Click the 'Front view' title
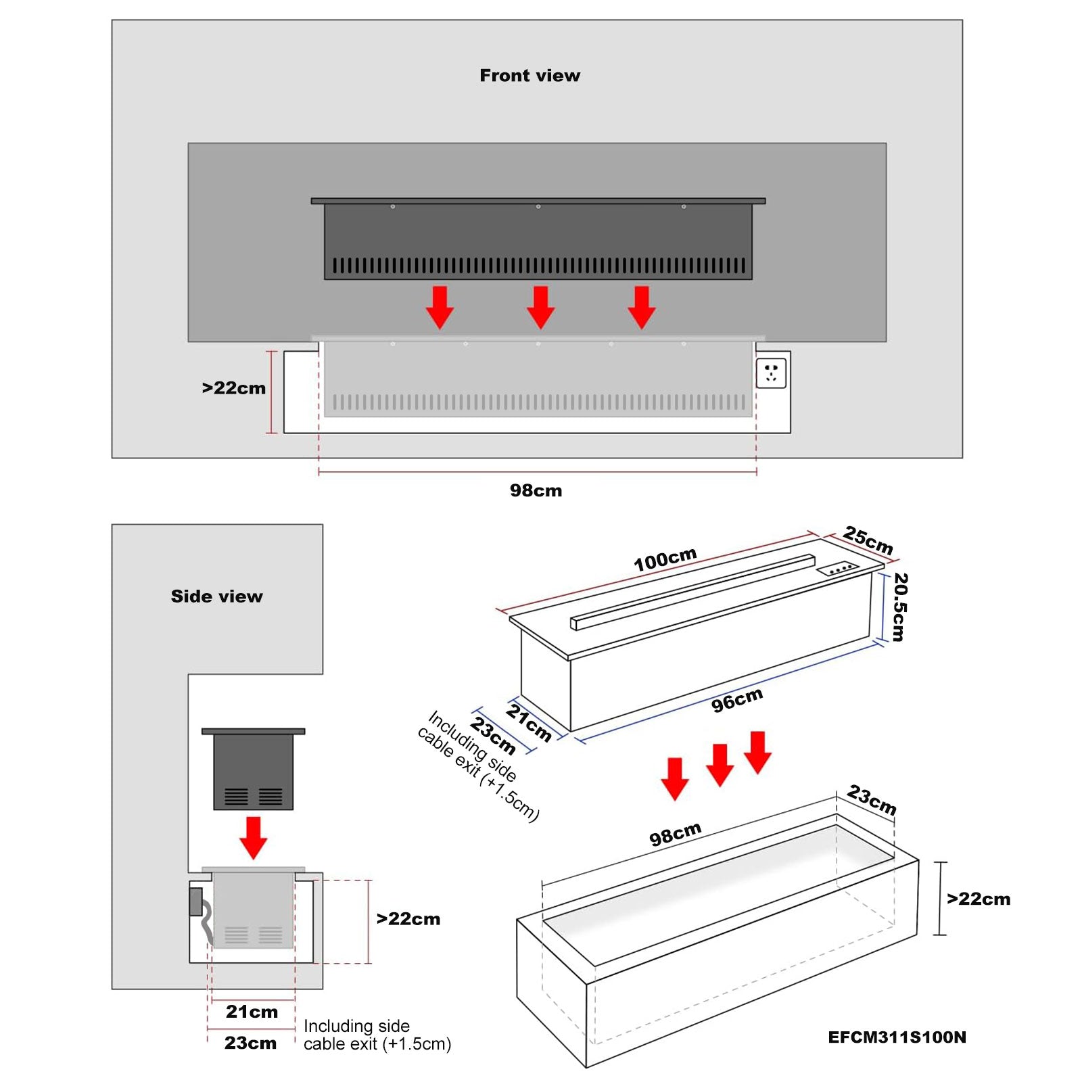tap(530, 75)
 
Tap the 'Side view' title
tap(216, 596)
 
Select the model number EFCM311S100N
tap(897, 1037)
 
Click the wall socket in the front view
tap(771, 373)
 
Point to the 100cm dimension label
tap(665, 559)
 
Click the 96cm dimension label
tap(737, 700)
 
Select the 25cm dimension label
tap(868, 540)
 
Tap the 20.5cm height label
tap(899, 607)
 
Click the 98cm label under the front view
tap(536, 490)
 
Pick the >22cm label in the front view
tap(234, 388)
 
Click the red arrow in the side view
tap(254, 837)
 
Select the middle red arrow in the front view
tap(540, 307)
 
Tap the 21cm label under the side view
tap(252, 1012)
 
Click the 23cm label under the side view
tap(250, 1043)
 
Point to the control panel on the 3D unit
tap(838, 569)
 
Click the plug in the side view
tap(196, 902)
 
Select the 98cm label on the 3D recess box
tap(675, 834)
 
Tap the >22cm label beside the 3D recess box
tap(979, 899)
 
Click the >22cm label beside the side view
tap(408, 918)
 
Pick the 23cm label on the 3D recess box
tap(872, 799)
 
